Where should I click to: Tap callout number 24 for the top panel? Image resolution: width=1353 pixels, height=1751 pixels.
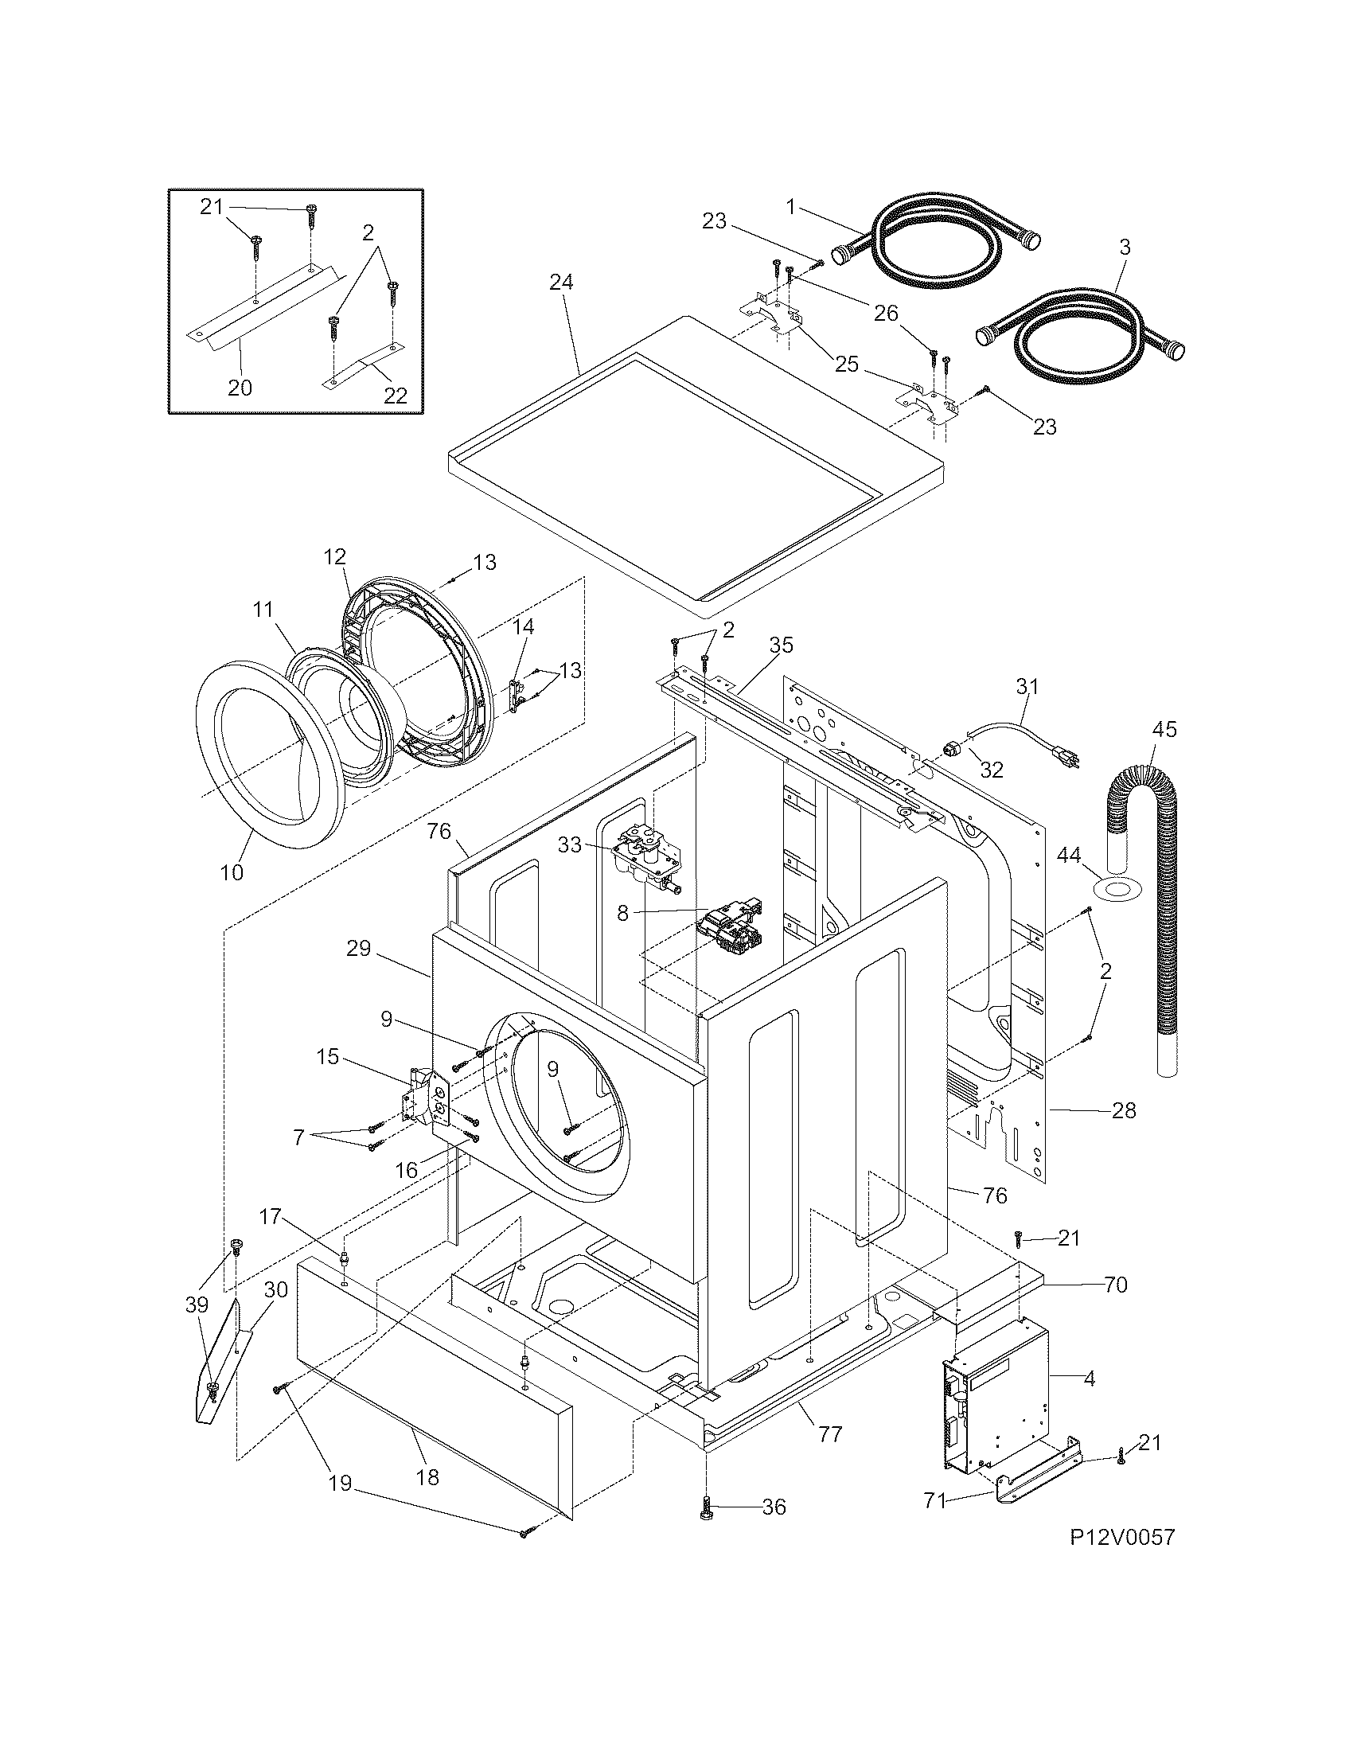coord(562,283)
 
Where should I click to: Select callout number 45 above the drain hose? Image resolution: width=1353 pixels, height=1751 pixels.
coord(1164,730)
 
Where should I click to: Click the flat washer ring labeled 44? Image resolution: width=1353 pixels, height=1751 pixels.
coord(1116,888)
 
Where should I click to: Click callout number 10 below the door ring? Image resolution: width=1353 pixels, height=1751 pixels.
coord(232,872)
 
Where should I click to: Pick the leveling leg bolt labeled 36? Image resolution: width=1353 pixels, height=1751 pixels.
coord(707,1508)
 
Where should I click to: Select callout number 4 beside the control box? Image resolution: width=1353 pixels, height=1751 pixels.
coord(1090,1379)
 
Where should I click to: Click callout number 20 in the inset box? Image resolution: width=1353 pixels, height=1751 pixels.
coord(240,388)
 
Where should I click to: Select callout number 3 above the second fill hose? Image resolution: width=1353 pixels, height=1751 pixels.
coord(1125,248)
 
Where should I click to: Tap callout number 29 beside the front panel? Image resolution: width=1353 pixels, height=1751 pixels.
coord(359,949)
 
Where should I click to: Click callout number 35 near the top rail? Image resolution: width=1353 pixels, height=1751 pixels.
coord(782,645)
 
